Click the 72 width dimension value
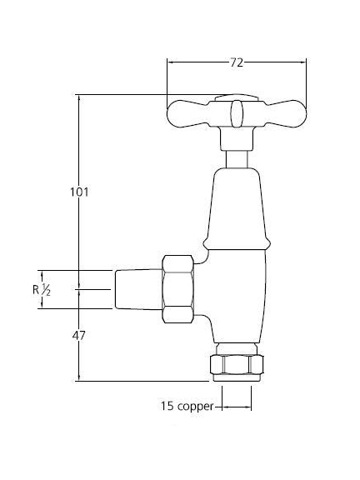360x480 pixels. point(237,62)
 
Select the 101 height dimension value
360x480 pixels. point(79,192)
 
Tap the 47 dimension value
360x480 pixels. point(78,336)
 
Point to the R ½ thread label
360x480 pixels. point(42,290)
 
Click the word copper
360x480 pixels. point(195,407)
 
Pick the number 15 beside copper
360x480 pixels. point(167,406)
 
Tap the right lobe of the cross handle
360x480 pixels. point(286,113)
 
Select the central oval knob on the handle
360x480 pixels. point(236,113)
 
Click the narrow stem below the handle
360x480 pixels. point(237,159)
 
